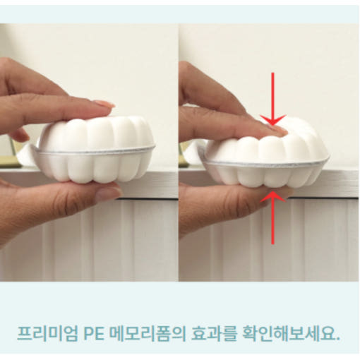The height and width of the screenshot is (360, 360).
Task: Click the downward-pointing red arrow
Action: point(272,99)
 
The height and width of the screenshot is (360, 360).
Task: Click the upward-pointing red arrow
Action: point(272,217)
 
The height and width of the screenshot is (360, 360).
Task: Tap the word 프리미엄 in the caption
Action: point(47,333)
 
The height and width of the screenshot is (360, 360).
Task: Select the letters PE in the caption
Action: point(94,334)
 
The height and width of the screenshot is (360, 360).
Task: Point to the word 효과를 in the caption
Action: point(213,333)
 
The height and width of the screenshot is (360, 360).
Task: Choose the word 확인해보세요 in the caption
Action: point(288,333)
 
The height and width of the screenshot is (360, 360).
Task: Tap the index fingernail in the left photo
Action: point(104,104)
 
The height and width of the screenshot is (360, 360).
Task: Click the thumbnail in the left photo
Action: point(109,194)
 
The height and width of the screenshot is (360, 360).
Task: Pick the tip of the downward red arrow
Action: point(272,126)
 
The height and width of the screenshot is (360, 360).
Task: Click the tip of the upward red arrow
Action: point(272,191)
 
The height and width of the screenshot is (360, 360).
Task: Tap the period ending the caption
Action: point(338,339)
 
